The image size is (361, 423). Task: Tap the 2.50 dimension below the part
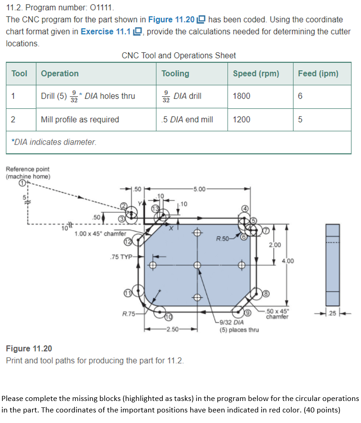pos(172,329)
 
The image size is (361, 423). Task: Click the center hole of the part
pos(197,265)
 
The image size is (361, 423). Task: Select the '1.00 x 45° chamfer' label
pos(100,234)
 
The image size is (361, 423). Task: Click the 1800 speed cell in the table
pos(242,96)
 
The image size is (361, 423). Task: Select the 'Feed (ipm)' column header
pos(318,73)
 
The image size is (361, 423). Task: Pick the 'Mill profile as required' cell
pos(80,120)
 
